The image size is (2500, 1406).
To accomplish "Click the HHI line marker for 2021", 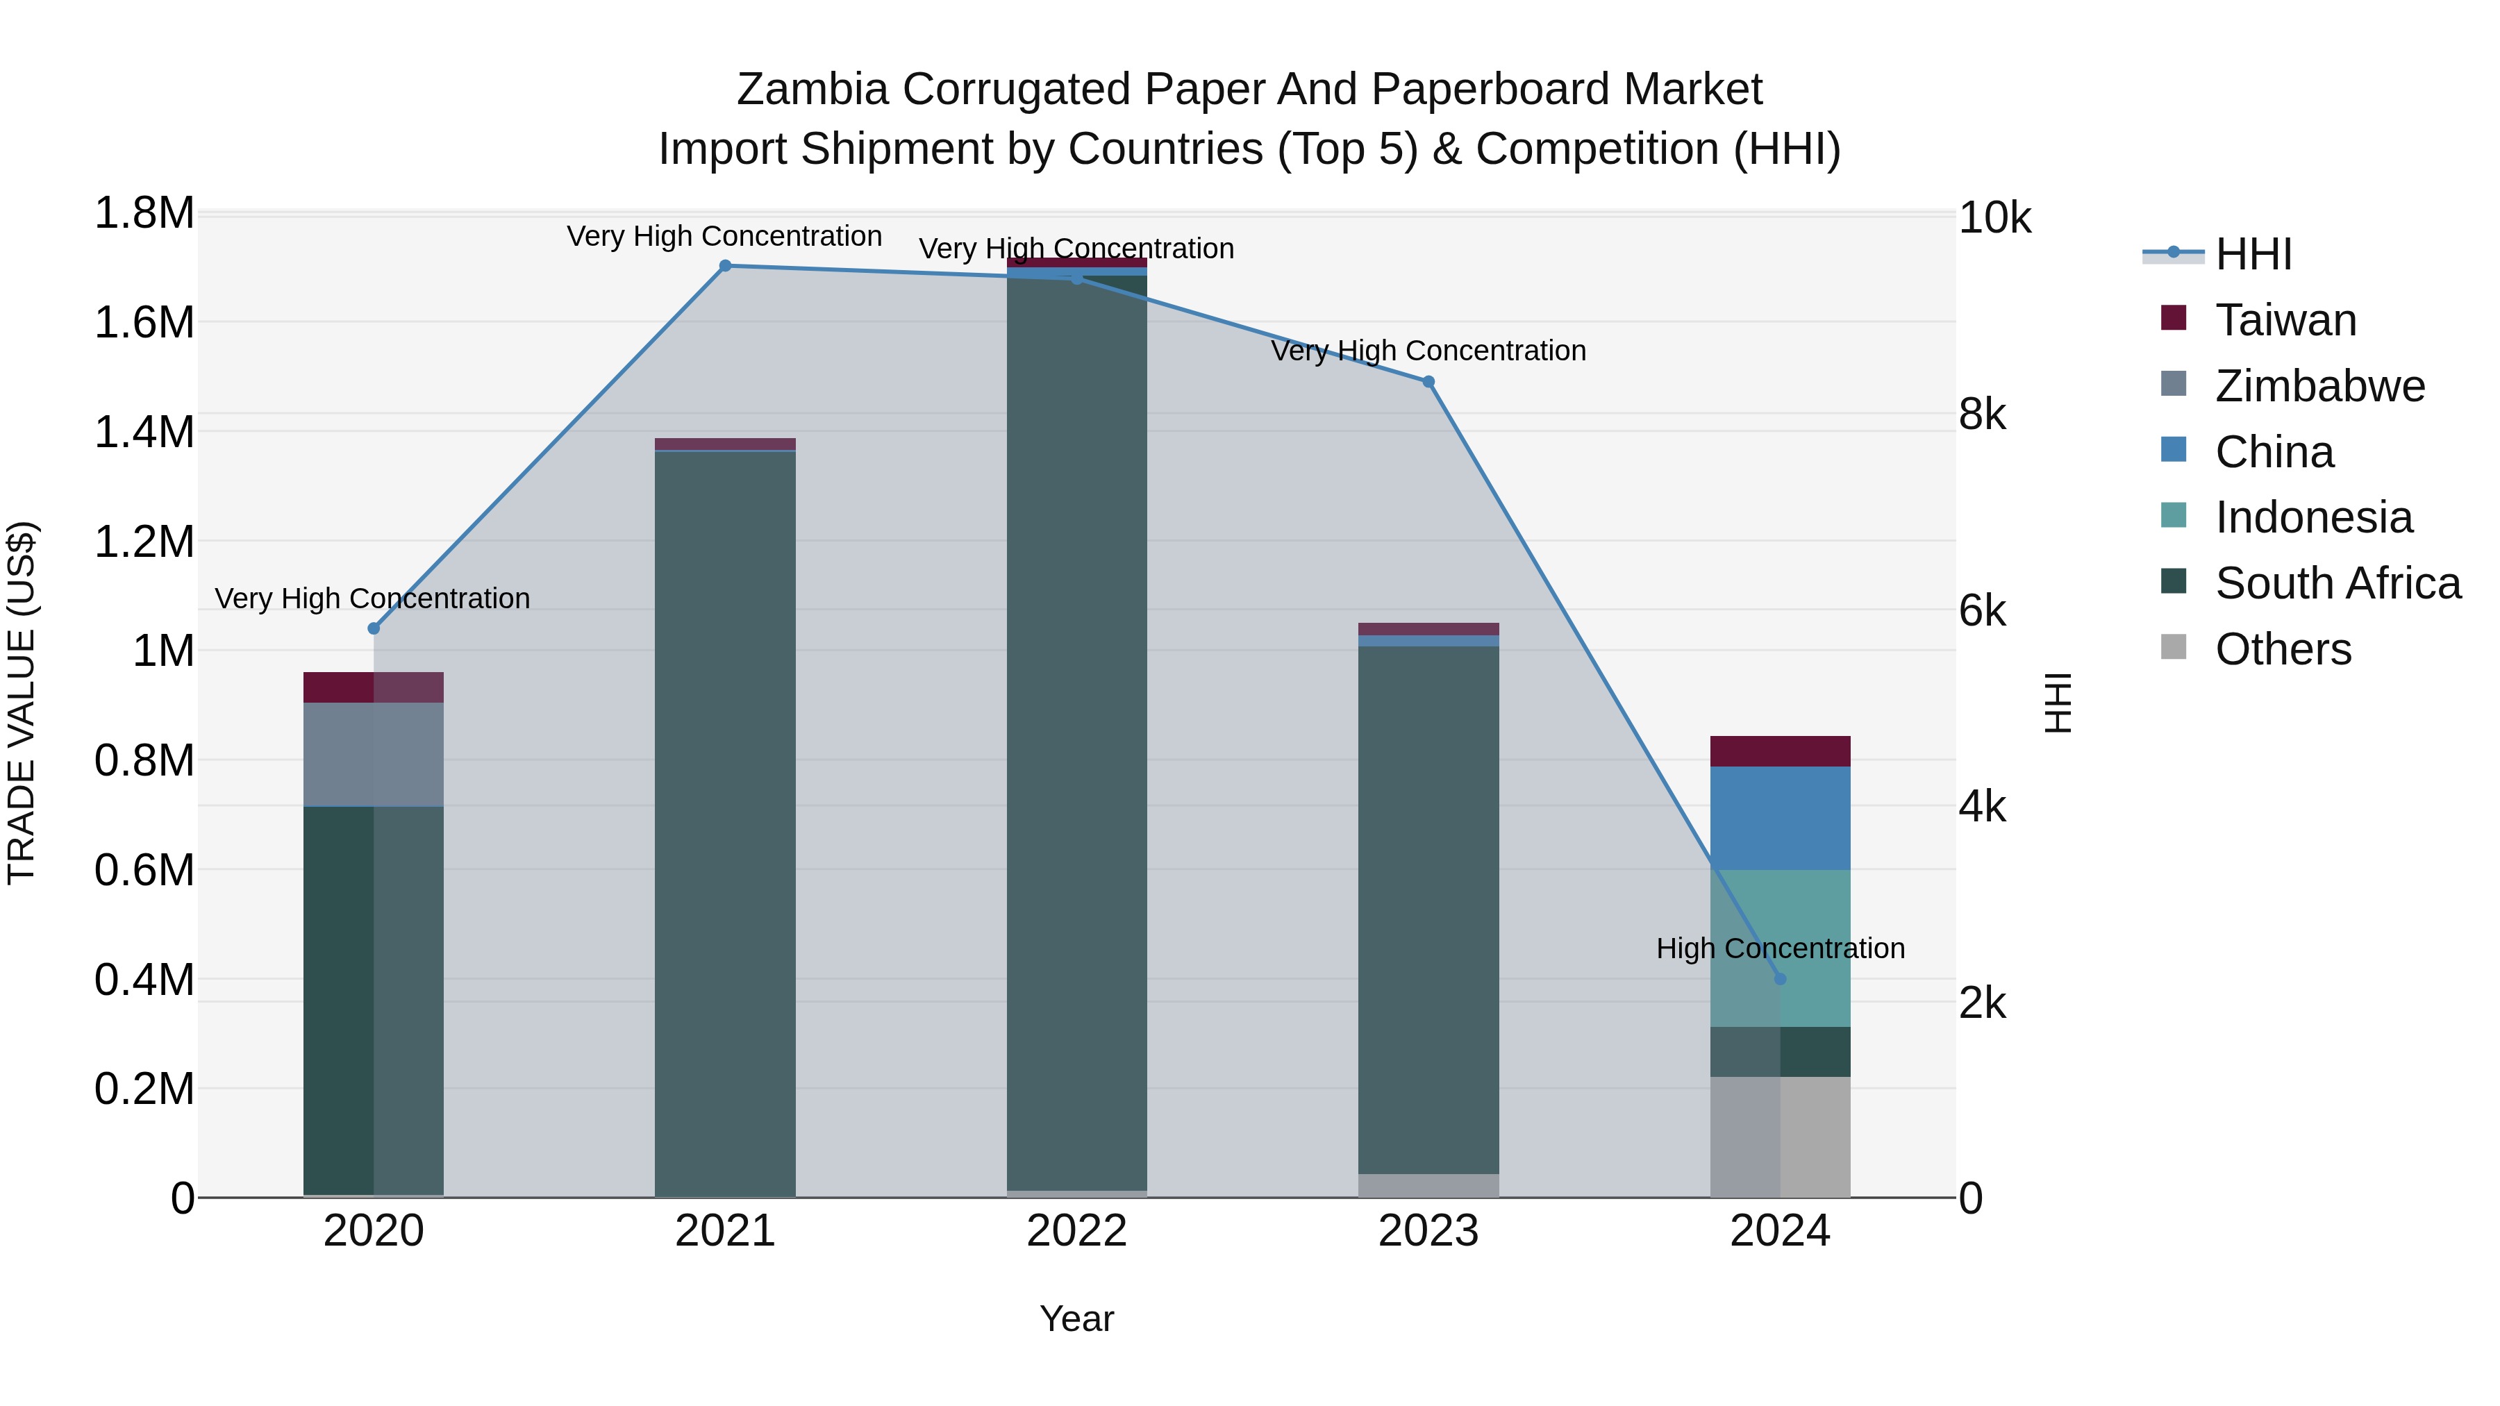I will [725, 266].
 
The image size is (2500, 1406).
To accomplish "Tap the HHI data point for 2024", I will [1780, 979].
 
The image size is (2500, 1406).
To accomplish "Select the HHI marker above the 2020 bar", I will [374, 629].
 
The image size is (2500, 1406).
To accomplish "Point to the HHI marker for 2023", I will [1428, 383].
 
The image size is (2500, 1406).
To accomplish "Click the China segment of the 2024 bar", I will [1780, 818].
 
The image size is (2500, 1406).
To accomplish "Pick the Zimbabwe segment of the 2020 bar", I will [374, 754].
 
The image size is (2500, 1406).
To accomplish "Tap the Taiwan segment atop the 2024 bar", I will [1780, 751].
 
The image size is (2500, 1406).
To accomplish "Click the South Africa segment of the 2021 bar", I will [725, 825].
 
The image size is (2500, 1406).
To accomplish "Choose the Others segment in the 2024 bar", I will [1780, 1137].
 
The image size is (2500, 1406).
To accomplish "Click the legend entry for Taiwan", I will [2285, 320].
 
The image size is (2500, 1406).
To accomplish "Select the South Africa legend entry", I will [2337, 583].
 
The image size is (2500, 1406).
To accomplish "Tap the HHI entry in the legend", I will [2253, 254].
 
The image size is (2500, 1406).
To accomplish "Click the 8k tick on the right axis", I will [1982, 415].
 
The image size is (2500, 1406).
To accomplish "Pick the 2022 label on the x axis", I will [1076, 1231].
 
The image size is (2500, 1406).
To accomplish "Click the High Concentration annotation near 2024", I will [1780, 948].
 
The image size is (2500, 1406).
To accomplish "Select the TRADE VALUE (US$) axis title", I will [22, 703].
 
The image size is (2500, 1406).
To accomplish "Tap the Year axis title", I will [1076, 1319].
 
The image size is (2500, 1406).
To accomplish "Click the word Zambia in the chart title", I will [812, 90].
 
